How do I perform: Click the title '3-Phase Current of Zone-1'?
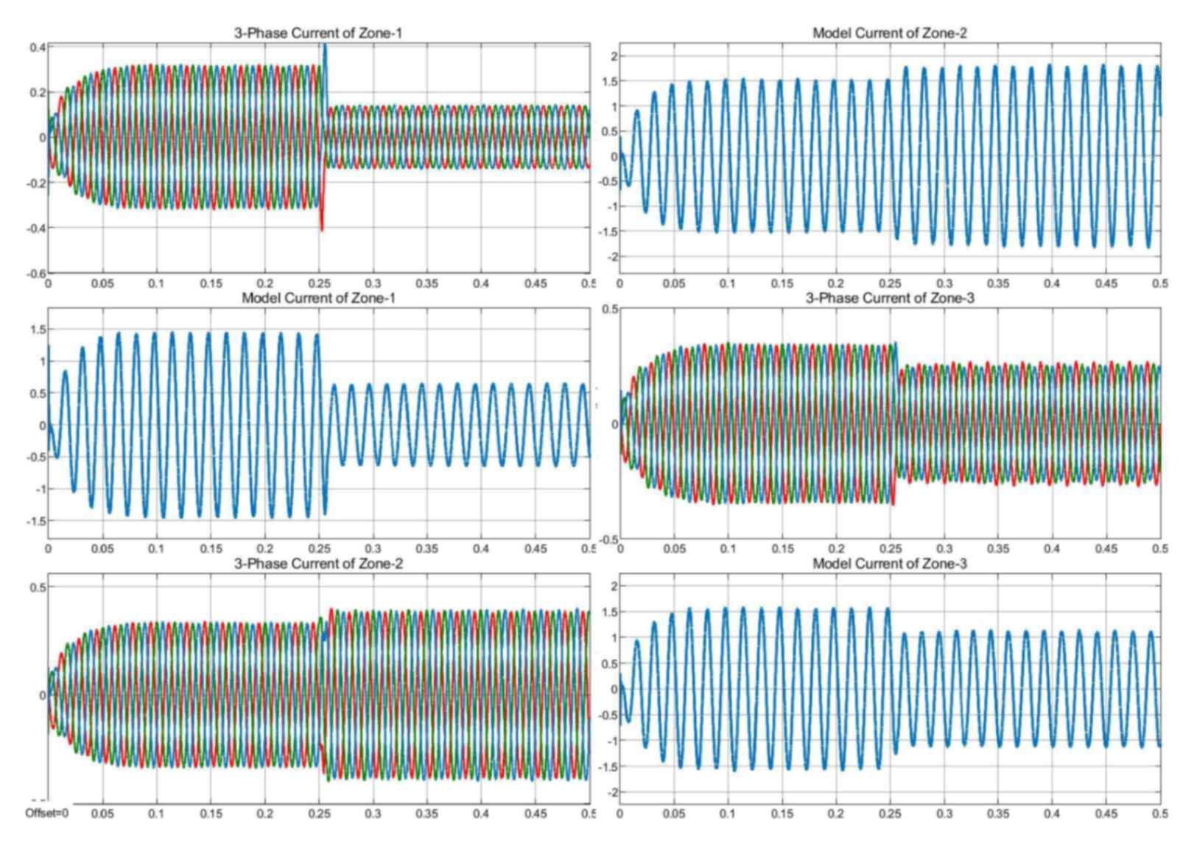point(317,33)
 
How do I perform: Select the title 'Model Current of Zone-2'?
point(889,33)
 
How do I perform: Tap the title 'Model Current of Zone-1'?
point(318,298)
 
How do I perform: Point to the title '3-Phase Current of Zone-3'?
point(889,298)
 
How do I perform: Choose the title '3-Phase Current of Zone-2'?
point(317,564)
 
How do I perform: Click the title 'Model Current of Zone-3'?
point(889,564)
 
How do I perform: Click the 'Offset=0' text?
point(47,814)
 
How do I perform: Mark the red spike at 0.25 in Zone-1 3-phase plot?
point(322,221)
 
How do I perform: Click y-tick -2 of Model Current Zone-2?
point(613,256)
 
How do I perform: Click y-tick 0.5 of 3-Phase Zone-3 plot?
point(611,309)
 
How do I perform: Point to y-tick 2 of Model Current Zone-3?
point(615,587)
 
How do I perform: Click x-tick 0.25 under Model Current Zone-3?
point(890,814)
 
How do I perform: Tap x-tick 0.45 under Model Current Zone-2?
point(1106,284)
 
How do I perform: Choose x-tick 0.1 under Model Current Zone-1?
point(156,549)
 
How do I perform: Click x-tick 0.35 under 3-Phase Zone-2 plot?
point(426,814)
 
